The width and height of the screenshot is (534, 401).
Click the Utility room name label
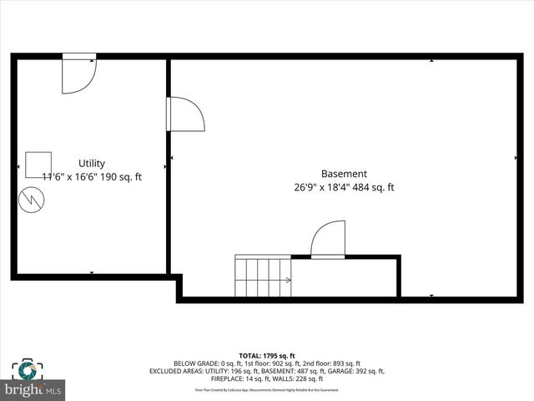tap(92, 164)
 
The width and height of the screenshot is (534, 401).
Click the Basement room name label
tap(344, 175)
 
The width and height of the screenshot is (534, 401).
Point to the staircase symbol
tap(263, 277)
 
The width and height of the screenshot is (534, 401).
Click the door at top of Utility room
tap(79, 73)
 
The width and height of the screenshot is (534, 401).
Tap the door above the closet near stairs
tap(328, 240)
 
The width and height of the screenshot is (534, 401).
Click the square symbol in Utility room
tap(38, 165)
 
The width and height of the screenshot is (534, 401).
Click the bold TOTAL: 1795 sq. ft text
tap(267, 356)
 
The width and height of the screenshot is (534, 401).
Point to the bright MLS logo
tap(33, 389)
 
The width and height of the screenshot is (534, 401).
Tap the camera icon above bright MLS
tap(27, 370)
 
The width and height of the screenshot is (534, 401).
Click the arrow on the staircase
tap(287, 281)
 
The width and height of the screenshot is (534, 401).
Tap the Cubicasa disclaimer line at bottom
tap(267, 389)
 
